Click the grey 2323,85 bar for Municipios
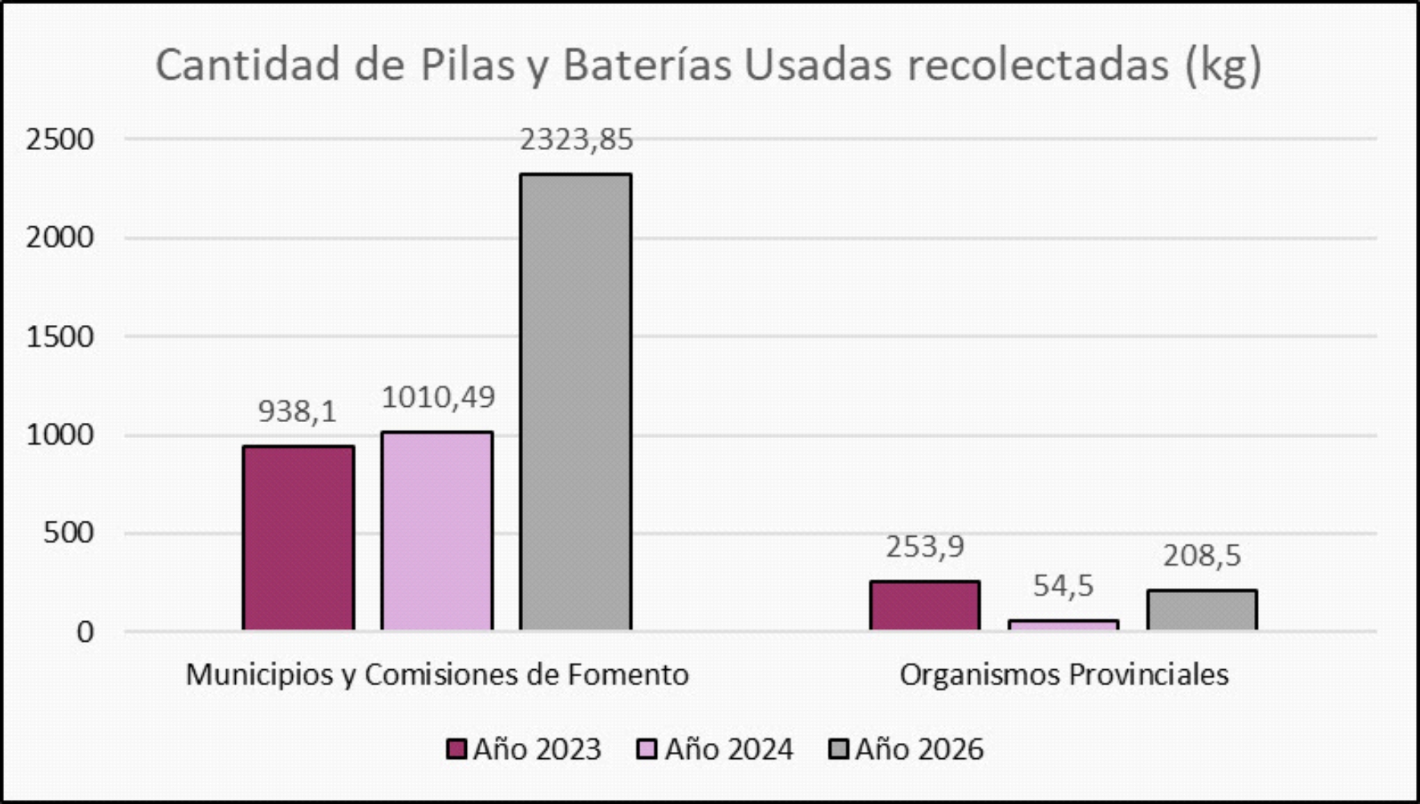[x=575, y=401]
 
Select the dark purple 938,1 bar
[x=298, y=538]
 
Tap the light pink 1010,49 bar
[x=437, y=530]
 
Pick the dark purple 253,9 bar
[x=925, y=606]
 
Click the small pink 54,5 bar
[x=1063, y=625]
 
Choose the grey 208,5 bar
[x=1202, y=610]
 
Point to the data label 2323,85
[x=576, y=140]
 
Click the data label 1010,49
[x=438, y=397]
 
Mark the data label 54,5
[x=1063, y=587]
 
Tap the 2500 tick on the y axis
[x=60, y=140]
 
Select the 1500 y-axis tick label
[x=60, y=337]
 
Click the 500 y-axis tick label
[x=68, y=533]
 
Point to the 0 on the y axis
[x=85, y=632]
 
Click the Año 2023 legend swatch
[x=456, y=749]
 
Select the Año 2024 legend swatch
[x=647, y=749]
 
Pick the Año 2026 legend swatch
[x=838, y=749]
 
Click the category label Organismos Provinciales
[x=1064, y=675]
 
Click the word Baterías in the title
[x=647, y=66]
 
